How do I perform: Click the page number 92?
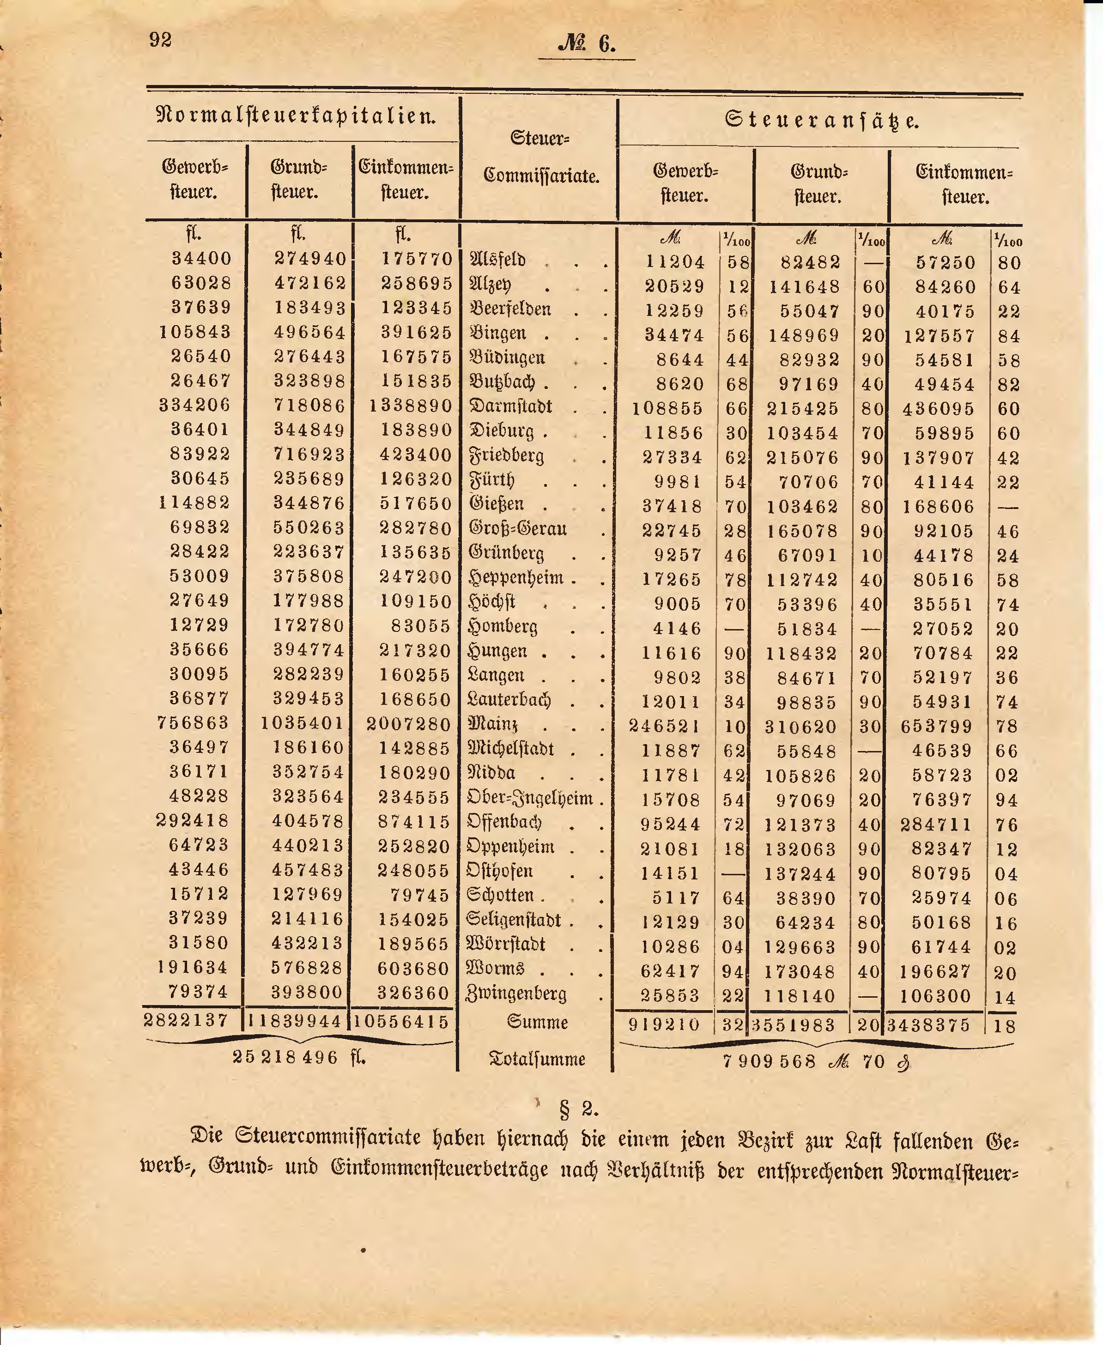[161, 41]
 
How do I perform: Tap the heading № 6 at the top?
[587, 44]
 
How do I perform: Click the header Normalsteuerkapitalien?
[296, 116]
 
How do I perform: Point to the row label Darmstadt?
[510, 406]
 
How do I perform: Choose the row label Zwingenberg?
[516, 994]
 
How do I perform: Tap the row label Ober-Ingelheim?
[530, 798]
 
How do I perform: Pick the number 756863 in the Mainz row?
[193, 723]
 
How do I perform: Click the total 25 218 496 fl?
[299, 1057]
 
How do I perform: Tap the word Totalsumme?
[537, 1059]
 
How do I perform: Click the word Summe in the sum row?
[538, 1022]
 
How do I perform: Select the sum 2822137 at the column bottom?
[186, 1020]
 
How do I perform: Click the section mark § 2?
[578, 1109]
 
